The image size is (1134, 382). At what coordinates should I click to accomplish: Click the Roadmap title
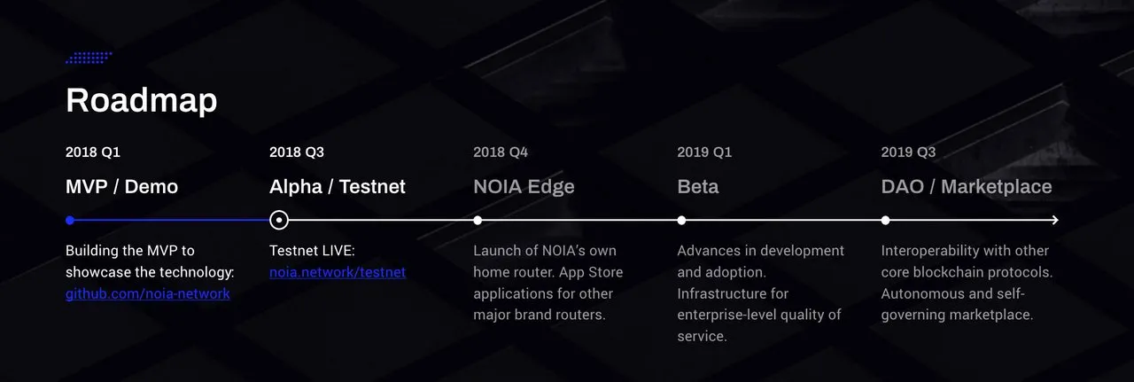(x=141, y=100)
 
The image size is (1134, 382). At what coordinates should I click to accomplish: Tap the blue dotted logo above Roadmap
(x=89, y=58)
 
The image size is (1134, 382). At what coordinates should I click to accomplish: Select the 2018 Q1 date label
(x=93, y=152)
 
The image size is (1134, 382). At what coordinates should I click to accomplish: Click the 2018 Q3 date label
(x=297, y=152)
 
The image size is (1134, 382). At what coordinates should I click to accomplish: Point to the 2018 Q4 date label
(x=501, y=152)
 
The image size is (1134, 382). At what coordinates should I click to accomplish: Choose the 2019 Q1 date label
(x=704, y=152)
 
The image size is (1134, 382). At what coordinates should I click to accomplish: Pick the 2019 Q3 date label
(x=908, y=152)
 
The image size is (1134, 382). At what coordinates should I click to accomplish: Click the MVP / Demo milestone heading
(x=121, y=186)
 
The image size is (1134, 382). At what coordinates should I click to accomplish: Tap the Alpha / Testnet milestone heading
(x=338, y=186)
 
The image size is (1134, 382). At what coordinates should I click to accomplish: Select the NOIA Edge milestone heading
(x=524, y=187)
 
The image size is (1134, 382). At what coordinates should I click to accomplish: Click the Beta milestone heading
(x=697, y=186)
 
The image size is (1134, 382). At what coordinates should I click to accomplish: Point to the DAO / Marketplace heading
(x=967, y=187)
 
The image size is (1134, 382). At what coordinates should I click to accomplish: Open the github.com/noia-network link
(x=148, y=294)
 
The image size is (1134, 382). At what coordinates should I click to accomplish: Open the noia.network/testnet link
(x=338, y=272)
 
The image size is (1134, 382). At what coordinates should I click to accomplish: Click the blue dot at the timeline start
(x=70, y=220)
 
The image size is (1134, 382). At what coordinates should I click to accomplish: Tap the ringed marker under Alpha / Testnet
(x=279, y=211)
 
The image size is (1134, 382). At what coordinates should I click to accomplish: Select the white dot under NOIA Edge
(x=478, y=220)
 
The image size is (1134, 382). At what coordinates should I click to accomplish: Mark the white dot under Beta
(x=681, y=220)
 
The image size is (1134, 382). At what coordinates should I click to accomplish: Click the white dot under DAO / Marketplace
(x=885, y=220)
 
